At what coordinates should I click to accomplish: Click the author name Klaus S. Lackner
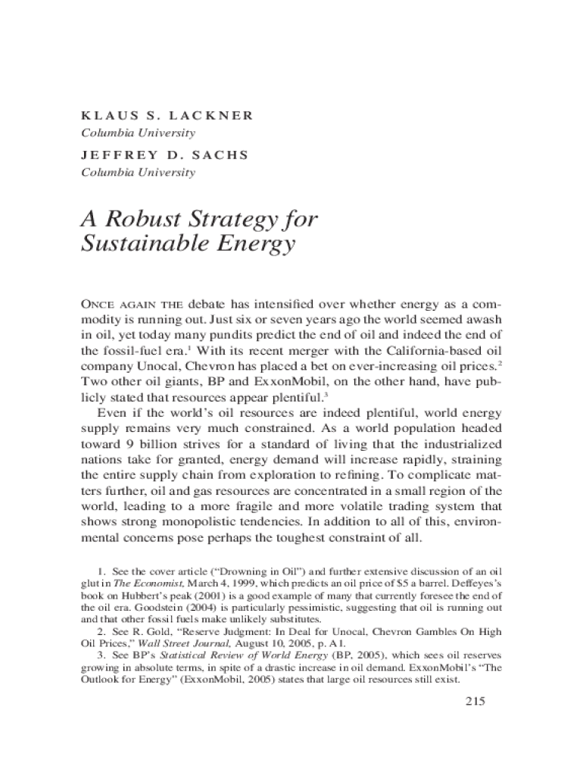pyautogui.click(x=167, y=116)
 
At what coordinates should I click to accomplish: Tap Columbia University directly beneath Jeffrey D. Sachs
pyautogui.click(x=139, y=172)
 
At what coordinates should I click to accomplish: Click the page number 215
pyautogui.click(x=473, y=701)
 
